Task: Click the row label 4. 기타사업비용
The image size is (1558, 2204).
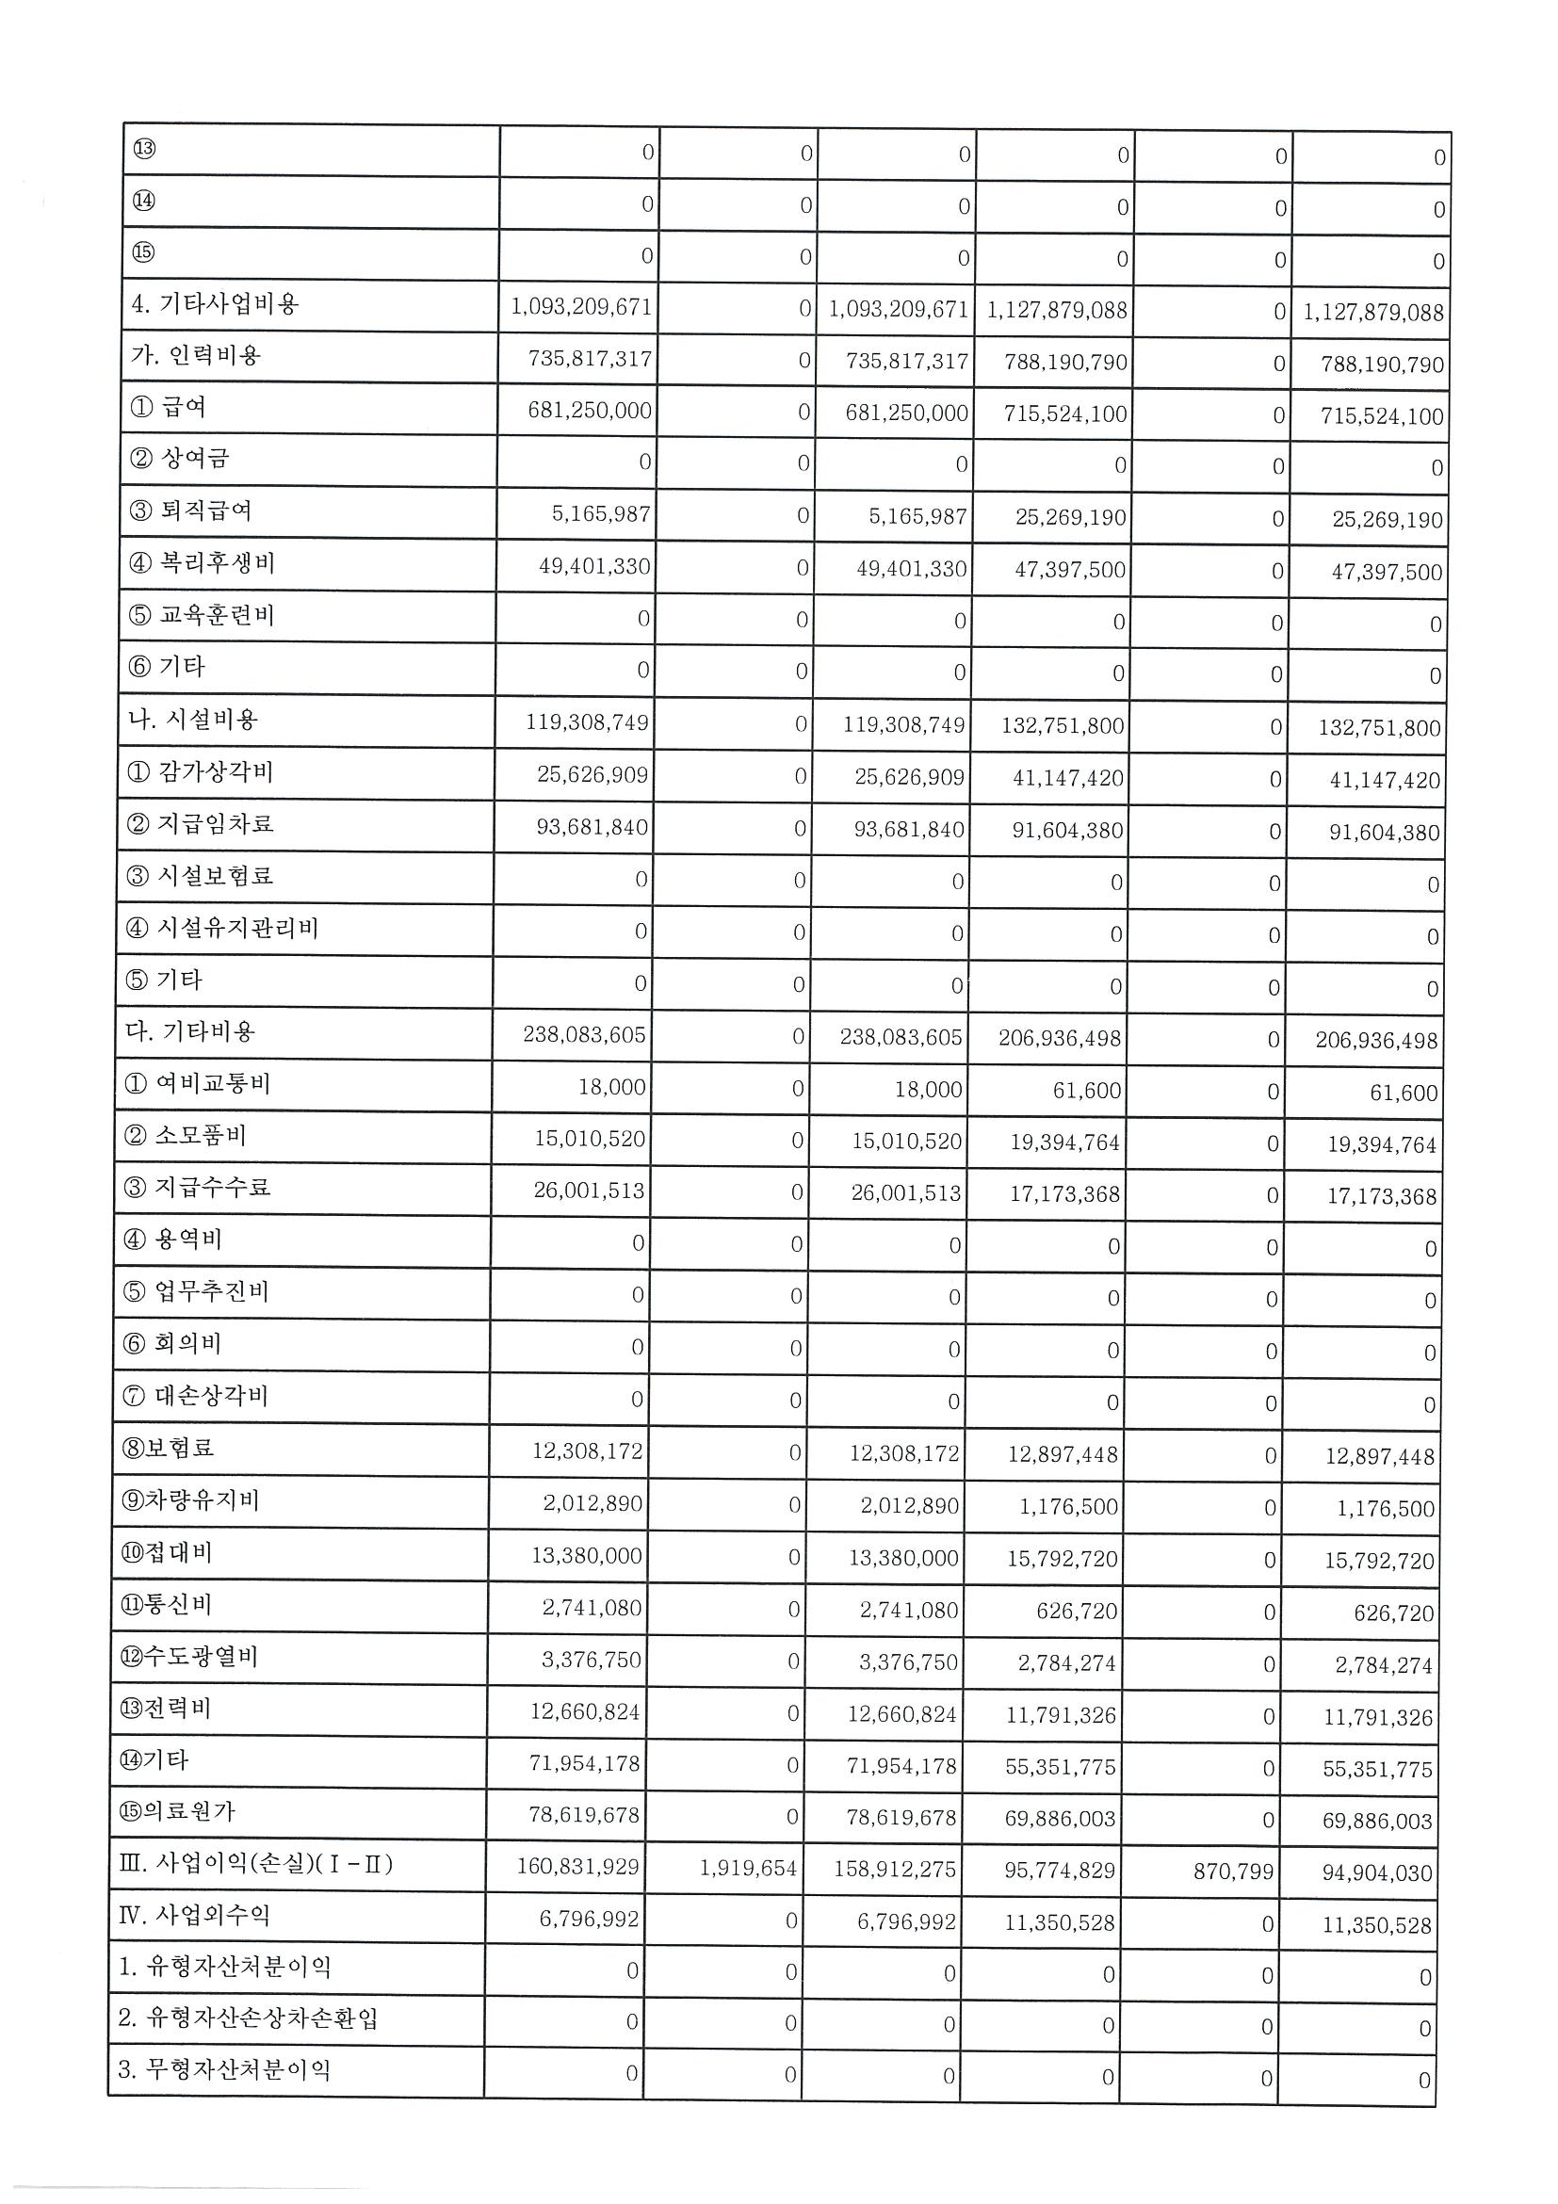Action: (215, 304)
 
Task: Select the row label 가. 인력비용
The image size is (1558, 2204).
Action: (196, 356)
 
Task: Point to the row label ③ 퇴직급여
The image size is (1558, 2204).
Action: (190, 510)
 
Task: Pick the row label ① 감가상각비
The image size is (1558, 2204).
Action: (200, 771)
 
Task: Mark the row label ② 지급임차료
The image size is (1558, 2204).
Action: (200, 823)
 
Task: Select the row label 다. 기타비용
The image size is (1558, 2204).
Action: (190, 1032)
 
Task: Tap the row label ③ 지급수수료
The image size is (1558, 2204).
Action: (197, 1188)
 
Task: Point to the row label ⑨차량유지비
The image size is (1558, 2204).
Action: (189, 1499)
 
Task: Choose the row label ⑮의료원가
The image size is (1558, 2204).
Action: (177, 1811)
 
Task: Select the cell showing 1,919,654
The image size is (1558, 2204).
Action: (748, 1868)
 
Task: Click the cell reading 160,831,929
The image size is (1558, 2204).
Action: (577, 1866)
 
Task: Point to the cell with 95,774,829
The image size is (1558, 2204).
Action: (1060, 1870)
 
